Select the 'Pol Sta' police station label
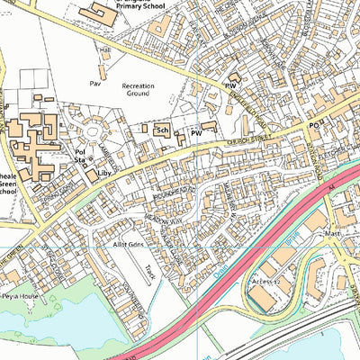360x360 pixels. [79, 157]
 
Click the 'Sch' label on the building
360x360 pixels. [163, 130]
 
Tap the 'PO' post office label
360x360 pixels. [315, 126]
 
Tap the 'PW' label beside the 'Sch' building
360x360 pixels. [195, 133]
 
